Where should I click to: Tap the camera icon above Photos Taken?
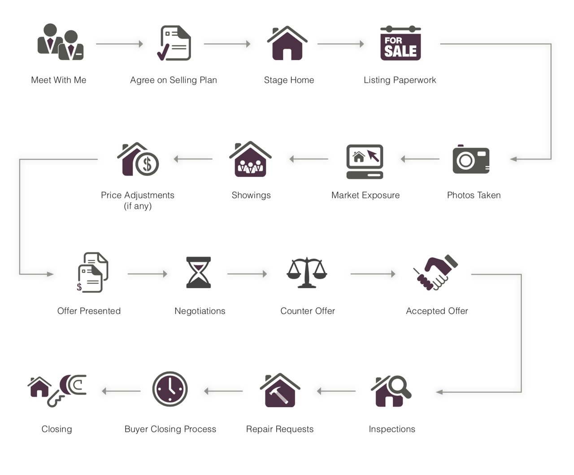tap(471, 159)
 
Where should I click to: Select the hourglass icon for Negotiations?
tap(199, 273)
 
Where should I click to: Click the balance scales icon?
tap(307, 273)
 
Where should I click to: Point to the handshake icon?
tap(435, 273)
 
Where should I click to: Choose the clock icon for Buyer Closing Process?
tap(170, 389)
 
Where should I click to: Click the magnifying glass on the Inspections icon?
tap(397, 385)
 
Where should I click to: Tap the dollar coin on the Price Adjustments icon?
tap(147, 163)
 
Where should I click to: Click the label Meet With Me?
tap(59, 80)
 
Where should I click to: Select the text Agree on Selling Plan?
tap(174, 80)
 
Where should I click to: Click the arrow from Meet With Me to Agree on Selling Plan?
tap(119, 44)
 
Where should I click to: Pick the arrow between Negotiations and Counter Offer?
tap(247, 273)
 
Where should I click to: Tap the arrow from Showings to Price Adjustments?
tap(193, 159)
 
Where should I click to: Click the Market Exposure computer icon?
tap(365, 161)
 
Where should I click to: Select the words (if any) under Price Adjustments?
tap(138, 206)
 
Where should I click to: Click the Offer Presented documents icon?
tap(92, 273)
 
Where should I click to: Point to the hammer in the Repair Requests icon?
tap(280, 395)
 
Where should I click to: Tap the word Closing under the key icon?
tap(57, 429)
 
